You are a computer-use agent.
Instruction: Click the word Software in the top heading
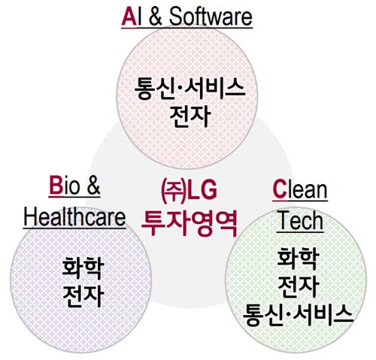pyautogui.click(x=211, y=17)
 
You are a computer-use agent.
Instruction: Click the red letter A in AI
pyautogui.click(x=129, y=17)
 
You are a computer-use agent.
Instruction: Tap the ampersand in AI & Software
pyautogui.click(x=155, y=17)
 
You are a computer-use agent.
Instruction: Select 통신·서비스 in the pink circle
pyautogui.click(x=190, y=88)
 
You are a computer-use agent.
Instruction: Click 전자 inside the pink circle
pyautogui.click(x=190, y=116)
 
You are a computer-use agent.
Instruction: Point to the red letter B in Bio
pyautogui.click(x=56, y=186)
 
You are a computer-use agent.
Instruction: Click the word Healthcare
pyautogui.click(x=74, y=217)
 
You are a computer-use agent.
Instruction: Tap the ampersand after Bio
pyautogui.click(x=94, y=186)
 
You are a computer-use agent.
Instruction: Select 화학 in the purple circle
pyautogui.click(x=83, y=268)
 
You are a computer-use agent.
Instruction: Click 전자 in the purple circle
pyautogui.click(x=83, y=296)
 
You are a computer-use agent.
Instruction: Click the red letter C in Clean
pyautogui.click(x=280, y=189)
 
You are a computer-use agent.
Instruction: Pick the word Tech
pyautogui.click(x=300, y=221)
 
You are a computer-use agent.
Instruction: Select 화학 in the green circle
pyautogui.click(x=299, y=259)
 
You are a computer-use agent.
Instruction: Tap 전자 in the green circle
pyautogui.click(x=299, y=286)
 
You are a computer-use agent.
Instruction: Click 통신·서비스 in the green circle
pyautogui.click(x=299, y=315)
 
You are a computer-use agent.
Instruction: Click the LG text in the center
pyautogui.click(x=202, y=190)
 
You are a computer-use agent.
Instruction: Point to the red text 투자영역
pyautogui.click(x=190, y=223)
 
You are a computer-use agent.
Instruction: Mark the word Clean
pyautogui.click(x=300, y=189)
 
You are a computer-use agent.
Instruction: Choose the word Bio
pyautogui.click(x=65, y=186)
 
